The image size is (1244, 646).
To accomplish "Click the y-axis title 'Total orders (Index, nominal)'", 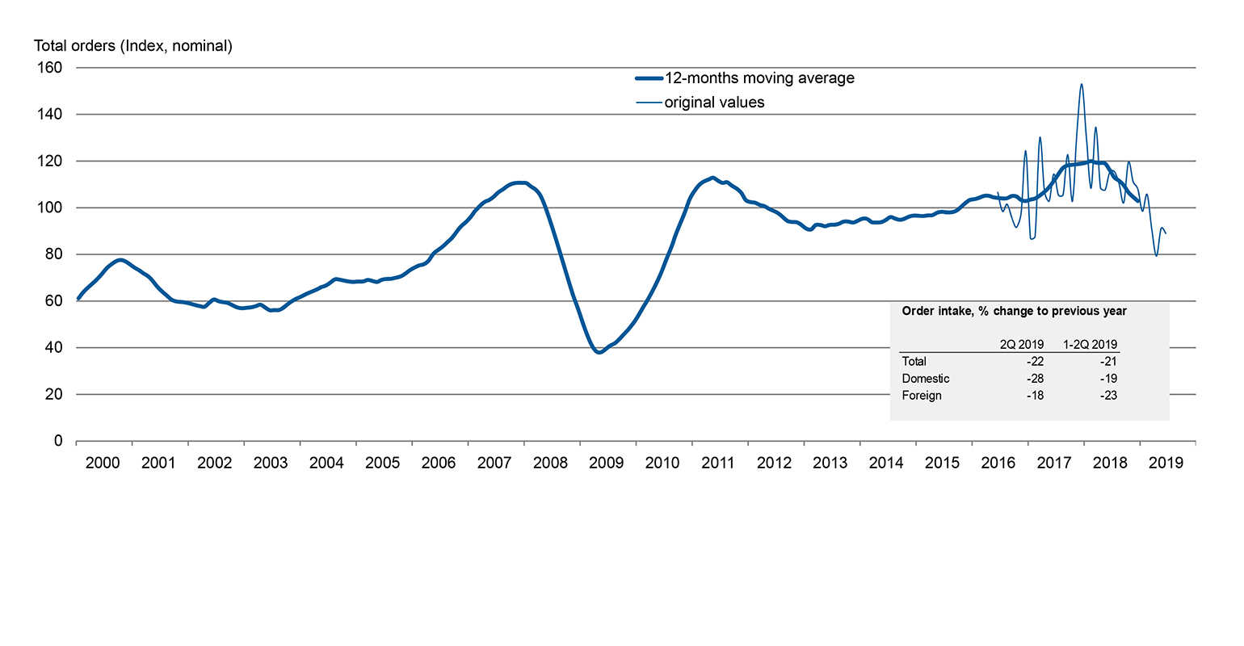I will [133, 46].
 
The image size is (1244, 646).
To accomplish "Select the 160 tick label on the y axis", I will [51, 68].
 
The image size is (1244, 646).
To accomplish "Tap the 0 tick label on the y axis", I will [58, 441].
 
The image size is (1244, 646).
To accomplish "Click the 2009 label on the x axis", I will [606, 463].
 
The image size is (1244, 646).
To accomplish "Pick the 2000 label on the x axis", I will [103, 463].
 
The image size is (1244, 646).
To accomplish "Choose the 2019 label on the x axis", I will [1166, 463].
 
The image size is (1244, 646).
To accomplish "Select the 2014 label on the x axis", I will [886, 463].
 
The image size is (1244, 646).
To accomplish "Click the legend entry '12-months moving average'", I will [759, 78].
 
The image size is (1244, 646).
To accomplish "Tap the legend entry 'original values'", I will [714, 103].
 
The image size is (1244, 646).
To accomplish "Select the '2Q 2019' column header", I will [1021, 344].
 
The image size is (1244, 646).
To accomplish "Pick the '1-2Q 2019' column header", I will [1090, 344].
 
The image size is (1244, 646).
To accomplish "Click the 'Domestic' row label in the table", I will [926, 379].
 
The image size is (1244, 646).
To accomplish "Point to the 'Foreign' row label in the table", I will [922, 396].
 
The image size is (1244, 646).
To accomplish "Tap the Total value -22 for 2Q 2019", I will [1035, 362].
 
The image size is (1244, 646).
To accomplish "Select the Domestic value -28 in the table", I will [1035, 379].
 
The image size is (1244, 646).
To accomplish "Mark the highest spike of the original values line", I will [1082, 84].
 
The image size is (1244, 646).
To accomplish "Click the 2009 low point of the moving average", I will [599, 352].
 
